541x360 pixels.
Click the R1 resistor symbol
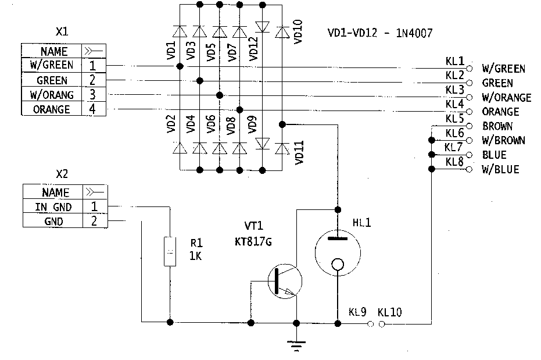(x=170, y=251)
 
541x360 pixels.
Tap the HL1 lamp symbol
(x=337, y=251)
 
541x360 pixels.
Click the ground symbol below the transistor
(x=297, y=345)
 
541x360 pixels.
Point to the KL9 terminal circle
(x=371, y=324)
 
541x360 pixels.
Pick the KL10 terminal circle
(x=382, y=324)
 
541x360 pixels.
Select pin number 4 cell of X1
(x=93, y=109)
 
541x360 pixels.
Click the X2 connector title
(x=62, y=173)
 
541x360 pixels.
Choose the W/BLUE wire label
(x=500, y=170)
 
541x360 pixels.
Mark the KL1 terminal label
(x=454, y=60)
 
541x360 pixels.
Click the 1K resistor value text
(x=195, y=256)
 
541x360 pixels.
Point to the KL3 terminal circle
(x=470, y=97)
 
